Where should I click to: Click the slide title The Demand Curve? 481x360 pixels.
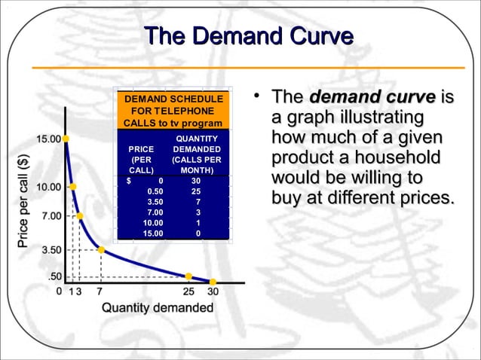click(248, 37)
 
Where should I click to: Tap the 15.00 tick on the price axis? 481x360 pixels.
click(51, 139)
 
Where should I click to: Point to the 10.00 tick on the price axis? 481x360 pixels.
click(50, 186)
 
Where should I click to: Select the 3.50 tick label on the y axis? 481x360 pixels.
click(51, 249)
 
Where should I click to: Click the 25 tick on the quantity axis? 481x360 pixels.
click(188, 291)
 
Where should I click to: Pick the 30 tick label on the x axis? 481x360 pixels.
click(213, 291)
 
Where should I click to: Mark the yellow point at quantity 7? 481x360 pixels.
click(101, 250)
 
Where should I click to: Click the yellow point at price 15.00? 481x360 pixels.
click(66, 139)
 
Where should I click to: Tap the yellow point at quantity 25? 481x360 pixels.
click(188, 276)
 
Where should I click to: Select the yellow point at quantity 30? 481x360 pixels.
click(213, 282)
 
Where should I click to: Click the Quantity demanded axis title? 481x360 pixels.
click(158, 307)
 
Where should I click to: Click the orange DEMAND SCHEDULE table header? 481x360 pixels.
click(173, 111)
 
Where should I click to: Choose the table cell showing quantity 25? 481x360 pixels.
click(196, 191)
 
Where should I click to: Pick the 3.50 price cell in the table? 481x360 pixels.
click(155, 202)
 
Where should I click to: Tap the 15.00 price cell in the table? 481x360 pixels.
click(154, 233)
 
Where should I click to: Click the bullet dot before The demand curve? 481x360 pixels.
click(258, 95)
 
